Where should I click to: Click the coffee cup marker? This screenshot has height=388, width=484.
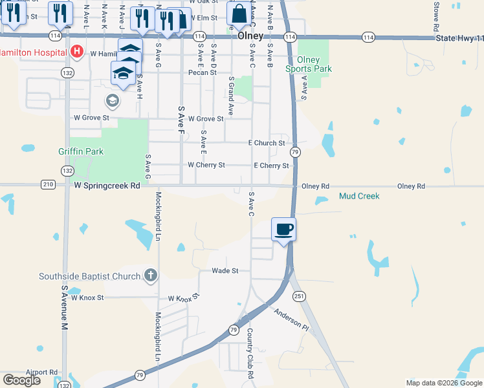tap(283, 229)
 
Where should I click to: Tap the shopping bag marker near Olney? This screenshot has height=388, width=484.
tap(239, 14)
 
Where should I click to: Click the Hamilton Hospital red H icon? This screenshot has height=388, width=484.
tap(77, 50)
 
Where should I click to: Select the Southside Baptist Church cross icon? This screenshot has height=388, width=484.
tap(150, 276)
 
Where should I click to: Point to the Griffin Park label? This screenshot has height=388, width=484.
tap(81, 151)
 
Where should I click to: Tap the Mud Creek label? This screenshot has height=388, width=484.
tap(359, 196)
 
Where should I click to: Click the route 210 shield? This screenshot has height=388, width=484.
tap(47, 185)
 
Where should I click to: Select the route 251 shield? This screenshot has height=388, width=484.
tap(299, 296)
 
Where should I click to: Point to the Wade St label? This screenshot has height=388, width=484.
tap(226, 270)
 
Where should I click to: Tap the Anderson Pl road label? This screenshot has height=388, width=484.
tap(293, 319)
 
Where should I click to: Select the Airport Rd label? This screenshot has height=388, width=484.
tap(42, 372)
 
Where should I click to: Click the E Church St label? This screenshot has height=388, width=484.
tap(267, 143)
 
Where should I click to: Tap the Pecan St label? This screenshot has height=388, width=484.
tap(203, 72)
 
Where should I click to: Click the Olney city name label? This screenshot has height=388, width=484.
tap(250, 37)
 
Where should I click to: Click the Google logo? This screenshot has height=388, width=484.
tap(22, 380)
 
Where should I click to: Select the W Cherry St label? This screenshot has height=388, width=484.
tap(206, 165)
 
